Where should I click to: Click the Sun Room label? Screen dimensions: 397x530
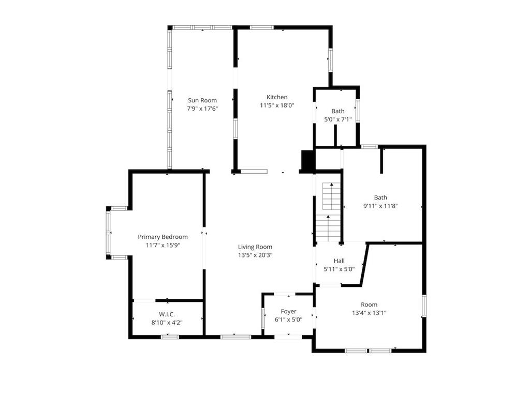202,100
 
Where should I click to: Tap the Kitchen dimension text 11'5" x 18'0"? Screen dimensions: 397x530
277,105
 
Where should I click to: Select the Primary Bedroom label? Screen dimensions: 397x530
163,237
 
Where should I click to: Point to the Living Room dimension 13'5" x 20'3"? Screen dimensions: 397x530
255,255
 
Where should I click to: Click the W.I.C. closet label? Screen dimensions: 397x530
167,314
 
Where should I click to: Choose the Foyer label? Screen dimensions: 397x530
288,311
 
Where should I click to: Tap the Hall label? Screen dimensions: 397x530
339,261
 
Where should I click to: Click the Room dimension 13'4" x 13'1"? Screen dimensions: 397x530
369,313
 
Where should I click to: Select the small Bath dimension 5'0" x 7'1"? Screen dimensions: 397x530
337,119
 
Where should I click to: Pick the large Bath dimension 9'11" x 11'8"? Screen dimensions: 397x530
380,206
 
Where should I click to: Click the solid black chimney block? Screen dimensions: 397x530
307,160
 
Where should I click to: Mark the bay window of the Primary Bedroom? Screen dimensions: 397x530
109,232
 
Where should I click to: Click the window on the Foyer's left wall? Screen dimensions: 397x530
263,317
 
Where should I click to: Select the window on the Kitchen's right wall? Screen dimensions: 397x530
330,61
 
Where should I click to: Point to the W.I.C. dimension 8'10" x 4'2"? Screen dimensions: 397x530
167,322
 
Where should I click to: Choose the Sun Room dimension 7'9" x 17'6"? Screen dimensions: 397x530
202,109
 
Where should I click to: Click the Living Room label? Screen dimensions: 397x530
255,247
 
